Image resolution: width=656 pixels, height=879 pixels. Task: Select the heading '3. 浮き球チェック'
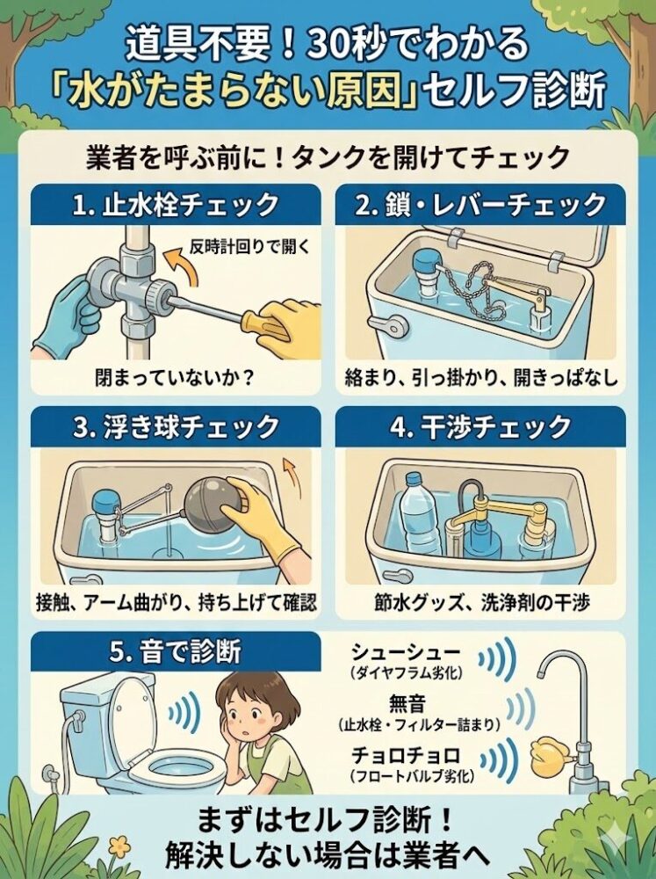coord(176,428)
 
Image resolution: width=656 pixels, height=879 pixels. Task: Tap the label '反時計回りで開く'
coord(250,246)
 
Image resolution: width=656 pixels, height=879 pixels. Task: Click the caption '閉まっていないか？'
coord(175,378)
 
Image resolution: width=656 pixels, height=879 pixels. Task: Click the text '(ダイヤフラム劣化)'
coord(406,674)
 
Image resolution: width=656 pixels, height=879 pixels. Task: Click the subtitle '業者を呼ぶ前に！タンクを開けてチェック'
coord(328,156)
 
